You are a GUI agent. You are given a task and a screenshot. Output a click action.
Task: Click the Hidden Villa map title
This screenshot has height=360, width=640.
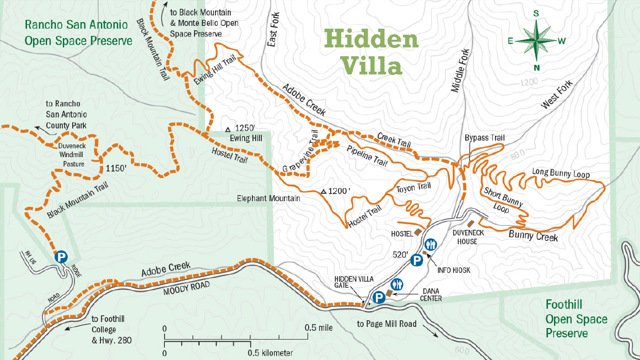click(x=370, y=53)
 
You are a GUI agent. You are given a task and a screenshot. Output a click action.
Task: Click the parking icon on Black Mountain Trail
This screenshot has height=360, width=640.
click(x=61, y=256)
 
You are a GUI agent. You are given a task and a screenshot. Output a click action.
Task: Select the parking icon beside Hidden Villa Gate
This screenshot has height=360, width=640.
click(x=379, y=298)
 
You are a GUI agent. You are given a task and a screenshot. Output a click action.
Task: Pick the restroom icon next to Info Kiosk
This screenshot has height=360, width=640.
click(x=431, y=244)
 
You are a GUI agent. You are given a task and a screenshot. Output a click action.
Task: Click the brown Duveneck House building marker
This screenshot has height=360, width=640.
click(x=470, y=223)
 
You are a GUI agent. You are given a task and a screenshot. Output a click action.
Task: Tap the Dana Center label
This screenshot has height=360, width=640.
click(x=431, y=294)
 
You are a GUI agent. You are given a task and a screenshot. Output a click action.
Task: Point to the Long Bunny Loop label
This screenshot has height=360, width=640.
click(x=561, y=174)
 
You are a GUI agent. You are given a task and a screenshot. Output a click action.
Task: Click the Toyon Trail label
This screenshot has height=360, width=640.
click(x=413, y=187)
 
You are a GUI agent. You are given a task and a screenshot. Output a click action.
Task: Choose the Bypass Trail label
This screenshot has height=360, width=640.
click(x=485, y=138)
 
